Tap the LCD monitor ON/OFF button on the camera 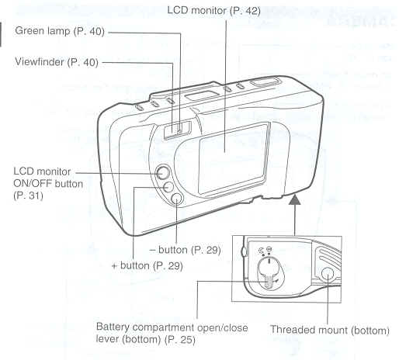pos(162,173)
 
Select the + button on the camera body pos(168,187)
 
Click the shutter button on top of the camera pos(265,82)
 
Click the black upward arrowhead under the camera pos(295,199)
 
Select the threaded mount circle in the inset pos(327,274)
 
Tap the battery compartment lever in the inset pos(269,281)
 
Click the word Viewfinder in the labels pos(40,62)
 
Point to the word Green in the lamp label pos(29,31)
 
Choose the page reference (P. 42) pos(245,11)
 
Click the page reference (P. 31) pos(28,196)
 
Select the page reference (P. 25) pos(180,339)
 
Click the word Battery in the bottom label pos(113,327)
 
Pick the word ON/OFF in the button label pos(33,184)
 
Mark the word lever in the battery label pos(108,339)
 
